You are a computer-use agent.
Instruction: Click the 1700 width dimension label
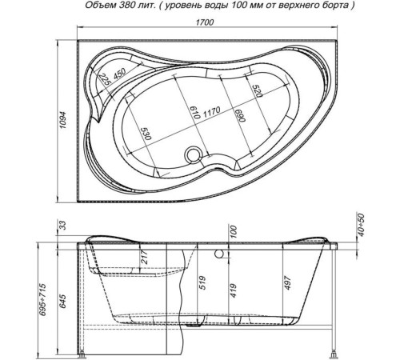pos(205,22)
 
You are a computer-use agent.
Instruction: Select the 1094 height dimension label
pos(63,120)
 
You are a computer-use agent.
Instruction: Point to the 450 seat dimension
pos(119,74)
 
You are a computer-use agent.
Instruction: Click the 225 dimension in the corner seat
pos(105,79)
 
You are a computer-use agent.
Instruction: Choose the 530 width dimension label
pos(146,134)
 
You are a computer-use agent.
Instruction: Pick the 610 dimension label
pos(195,112)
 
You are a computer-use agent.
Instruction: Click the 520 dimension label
pos(258,91)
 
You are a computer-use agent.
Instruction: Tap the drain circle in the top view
pos(193,154)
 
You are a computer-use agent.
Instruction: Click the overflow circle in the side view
pos(219,254)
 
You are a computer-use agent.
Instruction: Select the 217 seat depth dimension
pos(145,257)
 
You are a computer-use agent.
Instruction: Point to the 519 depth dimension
pos(202,283)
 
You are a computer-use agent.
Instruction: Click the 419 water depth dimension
pos(233,290)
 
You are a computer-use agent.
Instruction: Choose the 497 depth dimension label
pos(288,283)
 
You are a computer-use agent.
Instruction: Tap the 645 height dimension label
pos(63,302)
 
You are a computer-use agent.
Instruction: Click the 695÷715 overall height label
pos(43,300)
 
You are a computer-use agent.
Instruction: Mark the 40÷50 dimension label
pos(361,225)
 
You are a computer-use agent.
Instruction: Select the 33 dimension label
pos(63,226)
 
